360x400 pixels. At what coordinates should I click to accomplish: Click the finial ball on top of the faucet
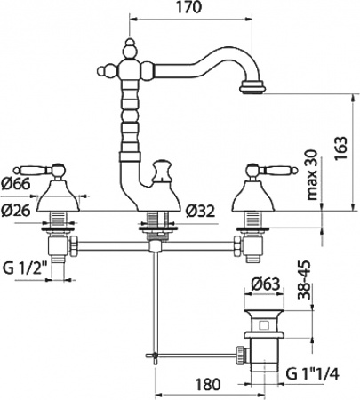[129, 42]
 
